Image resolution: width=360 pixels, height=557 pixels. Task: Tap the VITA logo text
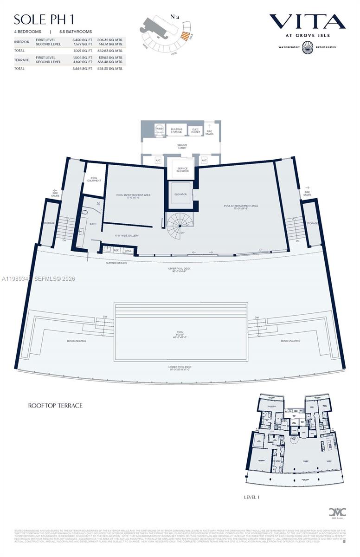click(x=307, y=21)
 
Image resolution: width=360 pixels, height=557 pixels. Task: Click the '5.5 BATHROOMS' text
click(x=76, y=32)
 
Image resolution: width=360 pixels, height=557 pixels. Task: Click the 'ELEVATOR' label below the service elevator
click(x=180, y=194)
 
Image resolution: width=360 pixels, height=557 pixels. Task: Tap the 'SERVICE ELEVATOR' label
click(x=182, y=169)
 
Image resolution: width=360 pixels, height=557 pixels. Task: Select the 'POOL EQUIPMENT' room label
click(x=94, y=179)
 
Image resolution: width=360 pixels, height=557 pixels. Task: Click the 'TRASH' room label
click(x=159, y=129)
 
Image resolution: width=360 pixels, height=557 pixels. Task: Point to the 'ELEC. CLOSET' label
click(x=195, y=131)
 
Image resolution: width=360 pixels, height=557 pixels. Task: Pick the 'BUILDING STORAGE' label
click(x=176, y=130)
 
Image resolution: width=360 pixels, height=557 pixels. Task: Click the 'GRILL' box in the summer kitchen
click(x=128, y=251)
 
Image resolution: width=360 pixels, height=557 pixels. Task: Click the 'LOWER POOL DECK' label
click(x=180, y=368)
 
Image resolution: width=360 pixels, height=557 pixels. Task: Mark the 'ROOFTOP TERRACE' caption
click(x=55, y=406)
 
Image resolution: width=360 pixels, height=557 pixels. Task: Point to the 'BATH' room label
click(x=93, y=224)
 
